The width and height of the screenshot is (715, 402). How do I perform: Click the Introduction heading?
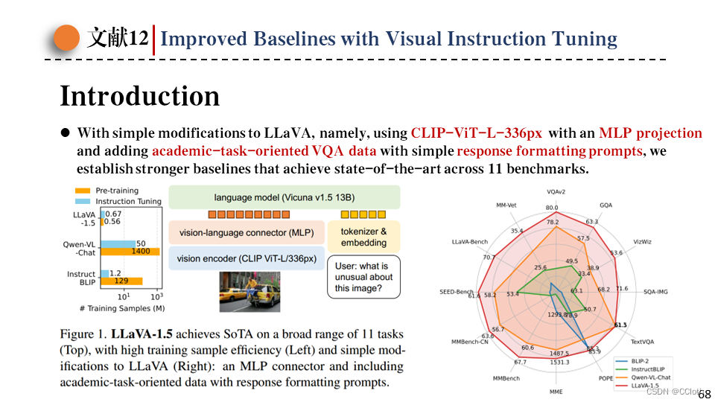click(140, 97)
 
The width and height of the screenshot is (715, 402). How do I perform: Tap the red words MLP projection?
click(650, 133)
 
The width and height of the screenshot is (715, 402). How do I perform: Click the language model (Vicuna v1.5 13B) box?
click(284, 197)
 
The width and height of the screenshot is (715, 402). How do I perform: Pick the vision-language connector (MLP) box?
click(244, 232)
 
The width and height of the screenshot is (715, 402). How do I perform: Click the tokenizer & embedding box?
click(363, 237)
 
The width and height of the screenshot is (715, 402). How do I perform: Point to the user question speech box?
click(363, 277)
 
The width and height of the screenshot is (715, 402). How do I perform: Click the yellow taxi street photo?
click(248, 291)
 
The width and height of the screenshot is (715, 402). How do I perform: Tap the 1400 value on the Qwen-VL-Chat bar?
click(141, 252)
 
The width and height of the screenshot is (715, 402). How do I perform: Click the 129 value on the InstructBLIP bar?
click(121, 281)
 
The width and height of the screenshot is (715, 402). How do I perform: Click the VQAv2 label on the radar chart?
click(555, 192)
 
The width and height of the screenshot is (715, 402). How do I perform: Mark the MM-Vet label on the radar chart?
click(506, 204)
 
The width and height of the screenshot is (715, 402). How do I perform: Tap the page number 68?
click(704, 394)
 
